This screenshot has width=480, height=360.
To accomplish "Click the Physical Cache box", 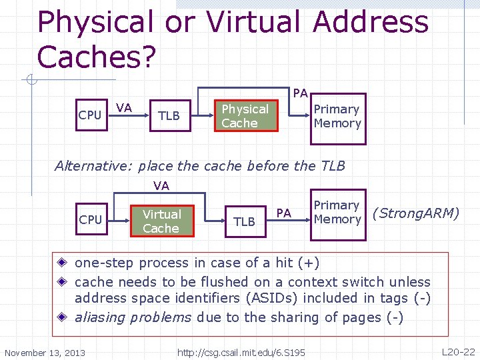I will coord(245,116).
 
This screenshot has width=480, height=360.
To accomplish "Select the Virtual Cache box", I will coord(161,221).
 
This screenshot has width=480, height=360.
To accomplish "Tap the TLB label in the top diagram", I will coord(169,116).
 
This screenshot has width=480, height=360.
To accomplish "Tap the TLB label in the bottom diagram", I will coord(245,222).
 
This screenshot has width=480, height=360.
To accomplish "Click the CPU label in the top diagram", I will coord(90,115).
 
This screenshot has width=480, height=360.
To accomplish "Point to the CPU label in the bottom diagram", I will coord(90,220).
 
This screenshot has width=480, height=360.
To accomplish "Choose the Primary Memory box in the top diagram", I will coord(337,116).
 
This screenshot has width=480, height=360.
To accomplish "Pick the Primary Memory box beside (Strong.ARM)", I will coord(337,212).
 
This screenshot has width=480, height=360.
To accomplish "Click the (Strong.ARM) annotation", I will coord(416,213).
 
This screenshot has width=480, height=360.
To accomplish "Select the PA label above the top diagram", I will coord(300,93).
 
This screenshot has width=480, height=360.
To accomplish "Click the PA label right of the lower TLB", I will coord(284,213).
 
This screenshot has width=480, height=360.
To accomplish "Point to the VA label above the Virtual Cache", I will coord(161,186).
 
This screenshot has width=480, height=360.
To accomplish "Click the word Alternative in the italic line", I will coord(87,165).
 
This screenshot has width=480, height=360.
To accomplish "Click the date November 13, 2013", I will coord(45,353).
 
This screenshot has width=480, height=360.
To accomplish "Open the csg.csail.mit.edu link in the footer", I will coord(241,352).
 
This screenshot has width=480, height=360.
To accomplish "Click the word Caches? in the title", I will coord(97,57).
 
